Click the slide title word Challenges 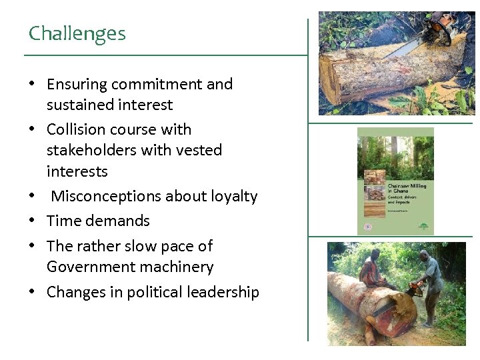[77, 33]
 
